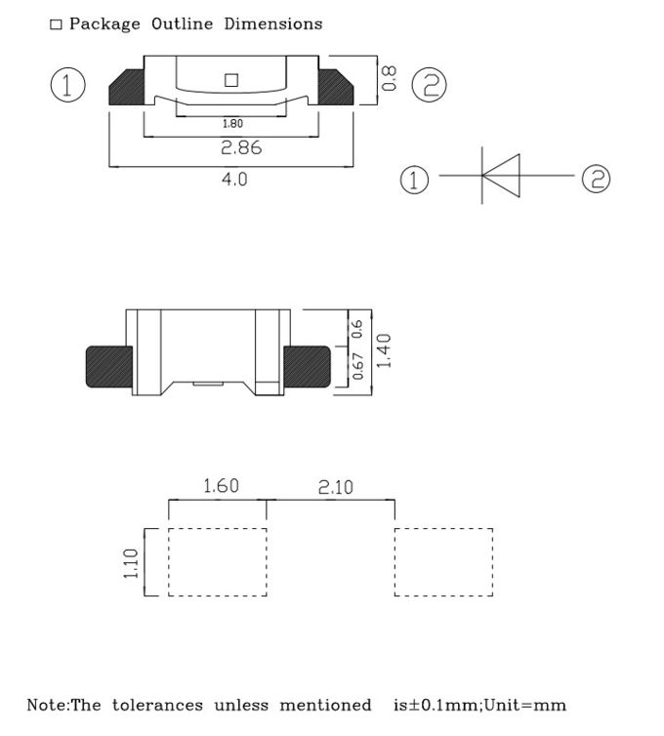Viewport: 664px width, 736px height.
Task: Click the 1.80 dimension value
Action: click(x=232, y=123)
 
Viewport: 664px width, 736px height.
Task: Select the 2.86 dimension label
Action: click(x=240, y=148)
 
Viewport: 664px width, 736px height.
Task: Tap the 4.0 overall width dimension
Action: click(x=235, y=180)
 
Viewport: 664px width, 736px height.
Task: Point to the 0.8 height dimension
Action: click(x=389, y=79)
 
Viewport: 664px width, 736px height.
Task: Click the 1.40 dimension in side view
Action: click(x=383, y=350)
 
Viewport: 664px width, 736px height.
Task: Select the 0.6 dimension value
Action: click(x=357, y=328)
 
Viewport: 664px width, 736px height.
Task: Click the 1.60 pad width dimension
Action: click(x=220, y=485)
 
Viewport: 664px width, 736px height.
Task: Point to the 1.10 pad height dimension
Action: click(x=132, y=562)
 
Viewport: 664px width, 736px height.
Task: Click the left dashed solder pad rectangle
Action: click(x=218, y=562)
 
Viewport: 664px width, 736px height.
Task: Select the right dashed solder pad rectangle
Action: click(x=443, y=562)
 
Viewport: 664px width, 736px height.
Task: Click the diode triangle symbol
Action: click(x=502, y=177)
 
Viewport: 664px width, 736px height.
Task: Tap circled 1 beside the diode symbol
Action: click(x=415, y=180)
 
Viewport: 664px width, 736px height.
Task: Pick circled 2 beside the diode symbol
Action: click(x=596, y=179)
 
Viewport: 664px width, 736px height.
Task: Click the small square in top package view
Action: click(x=231, y=80)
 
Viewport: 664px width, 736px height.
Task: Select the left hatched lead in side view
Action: click(x=109, y=366)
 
